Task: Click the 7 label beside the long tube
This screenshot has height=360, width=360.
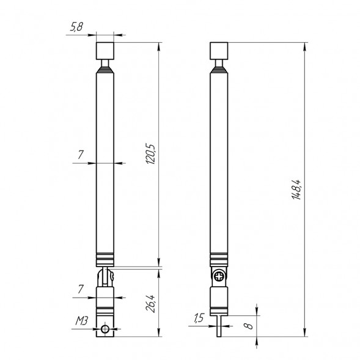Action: point(81,156)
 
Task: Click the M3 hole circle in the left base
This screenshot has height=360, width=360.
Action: point(107,329)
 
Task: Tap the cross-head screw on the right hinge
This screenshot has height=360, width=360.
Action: point(219,277)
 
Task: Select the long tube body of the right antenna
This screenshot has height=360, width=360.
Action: point(219,159)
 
